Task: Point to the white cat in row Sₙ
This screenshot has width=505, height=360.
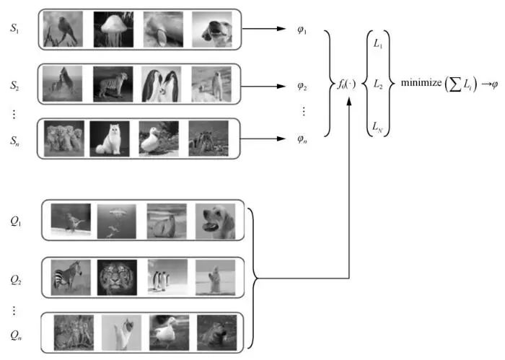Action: coord(110,138)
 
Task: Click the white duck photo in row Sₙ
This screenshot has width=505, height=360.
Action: coord(159,138)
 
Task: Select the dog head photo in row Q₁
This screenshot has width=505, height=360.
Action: coord(214,221)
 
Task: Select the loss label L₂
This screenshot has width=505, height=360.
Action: coord(377,84)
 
